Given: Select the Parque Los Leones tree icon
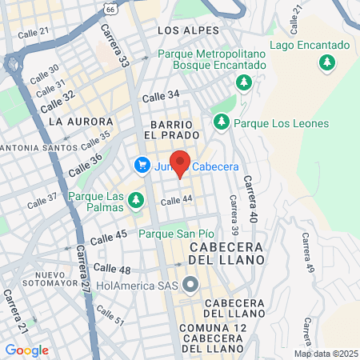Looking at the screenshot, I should pos(222,122).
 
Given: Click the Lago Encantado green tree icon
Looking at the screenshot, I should pos(326,62).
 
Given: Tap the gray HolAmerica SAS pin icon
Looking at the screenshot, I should pos(190,284).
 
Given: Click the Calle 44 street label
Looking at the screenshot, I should pos(177,200).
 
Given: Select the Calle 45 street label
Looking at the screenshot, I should pos(109,235).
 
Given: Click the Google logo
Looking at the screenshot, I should pos(26,350).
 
